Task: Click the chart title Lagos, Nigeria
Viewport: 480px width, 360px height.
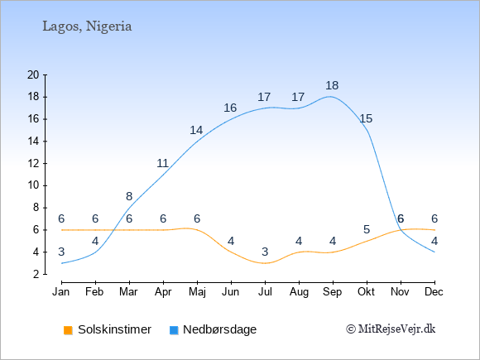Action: coord(87,26)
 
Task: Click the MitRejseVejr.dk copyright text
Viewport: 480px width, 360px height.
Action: coord(391,329)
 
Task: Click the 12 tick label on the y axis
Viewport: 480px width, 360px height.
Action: coord(33,164)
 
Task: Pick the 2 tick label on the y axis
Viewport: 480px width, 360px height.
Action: coord(36,274)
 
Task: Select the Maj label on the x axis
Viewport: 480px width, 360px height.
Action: coord(197,292)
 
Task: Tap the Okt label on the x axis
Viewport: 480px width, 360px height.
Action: coord(366,292)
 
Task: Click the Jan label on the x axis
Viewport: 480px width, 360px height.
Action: coord(61,292)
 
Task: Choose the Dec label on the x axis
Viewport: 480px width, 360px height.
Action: coord(434,292)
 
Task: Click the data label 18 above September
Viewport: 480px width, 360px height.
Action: coord(332,86)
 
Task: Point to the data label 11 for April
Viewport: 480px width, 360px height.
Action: coord(162,164)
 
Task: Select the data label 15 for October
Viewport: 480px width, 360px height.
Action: coord(366,119)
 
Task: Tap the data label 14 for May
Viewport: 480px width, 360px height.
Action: coord(196,131)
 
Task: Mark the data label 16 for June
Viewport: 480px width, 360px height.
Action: coord(230,108)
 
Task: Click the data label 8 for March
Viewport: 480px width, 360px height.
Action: coord(129,196)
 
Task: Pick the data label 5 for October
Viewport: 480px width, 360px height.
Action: coord(367,229)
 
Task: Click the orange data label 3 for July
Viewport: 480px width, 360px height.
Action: coord(265,252)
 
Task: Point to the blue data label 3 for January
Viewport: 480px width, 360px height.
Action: coord(61,252)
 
